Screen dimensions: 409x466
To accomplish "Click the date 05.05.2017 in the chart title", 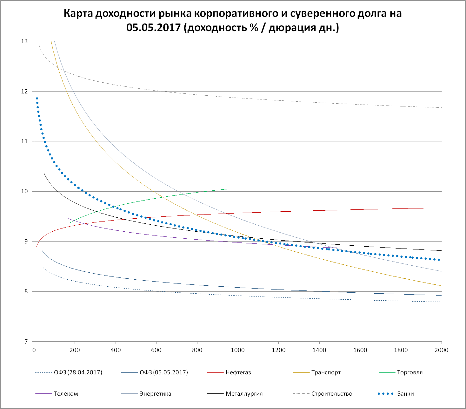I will tap(153, 28).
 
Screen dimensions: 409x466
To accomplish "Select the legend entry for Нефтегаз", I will tap(238, 372).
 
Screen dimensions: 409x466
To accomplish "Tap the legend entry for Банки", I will tap(405, 394).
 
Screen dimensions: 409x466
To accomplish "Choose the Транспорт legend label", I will tap(326, 372).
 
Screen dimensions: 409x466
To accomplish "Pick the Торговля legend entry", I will tap(409, 372).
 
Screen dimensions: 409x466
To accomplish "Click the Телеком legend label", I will tap(66, 394).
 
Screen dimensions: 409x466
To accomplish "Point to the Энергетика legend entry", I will tap(155, 394).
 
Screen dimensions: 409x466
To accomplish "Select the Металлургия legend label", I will tap(244, 394).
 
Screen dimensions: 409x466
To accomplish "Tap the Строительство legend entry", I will tap(332, 394).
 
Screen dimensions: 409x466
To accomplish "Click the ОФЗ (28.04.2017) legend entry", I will tap(78, 372).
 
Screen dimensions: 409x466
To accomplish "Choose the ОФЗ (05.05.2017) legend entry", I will tap(164, 372).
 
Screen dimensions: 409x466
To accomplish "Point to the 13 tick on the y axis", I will tap(24, 41).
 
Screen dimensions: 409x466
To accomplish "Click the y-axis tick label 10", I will tap(24, 191).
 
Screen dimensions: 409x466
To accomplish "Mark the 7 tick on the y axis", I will tap(26, 342).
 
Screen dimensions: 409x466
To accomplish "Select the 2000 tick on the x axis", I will tap(441, 350).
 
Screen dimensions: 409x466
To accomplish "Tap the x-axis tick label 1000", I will tap(237, 350).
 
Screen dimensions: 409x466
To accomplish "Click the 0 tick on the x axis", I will tap(34, 350).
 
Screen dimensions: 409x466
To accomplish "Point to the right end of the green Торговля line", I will tap(228, 189).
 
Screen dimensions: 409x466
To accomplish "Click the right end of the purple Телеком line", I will tap(340, 248).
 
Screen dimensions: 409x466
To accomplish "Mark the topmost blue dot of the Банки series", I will tap(37, 99).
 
